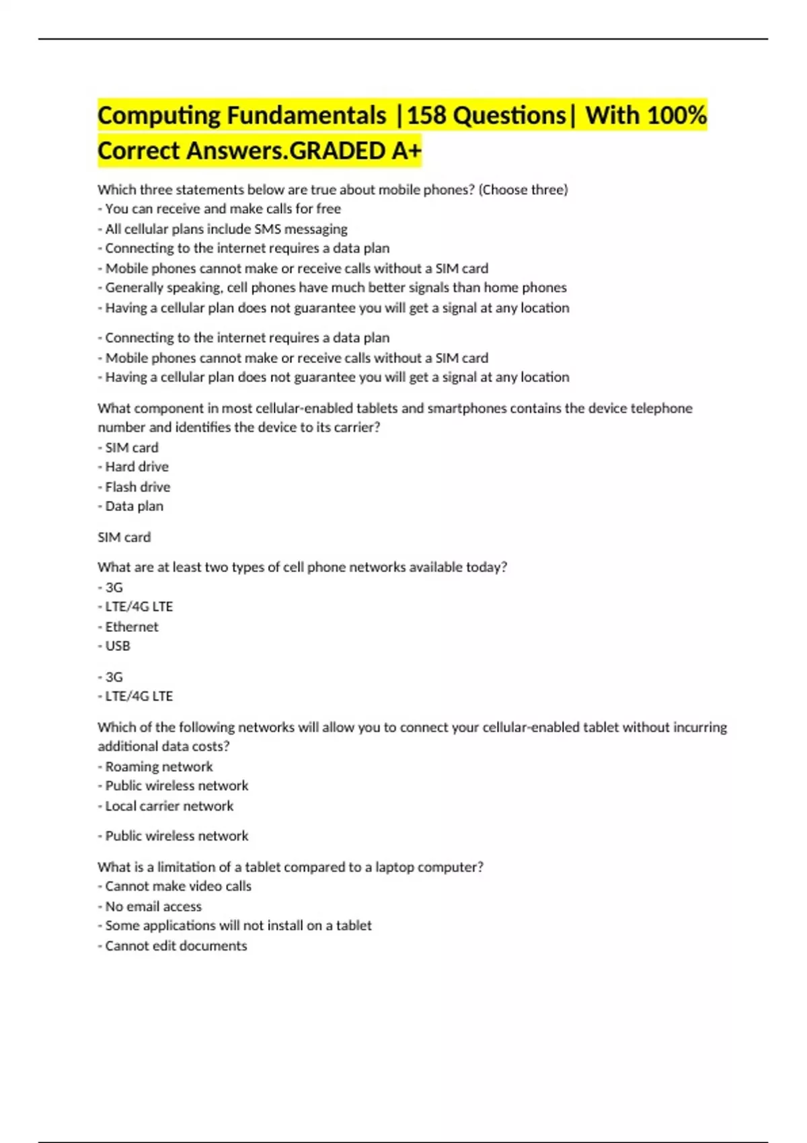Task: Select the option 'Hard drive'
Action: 137,467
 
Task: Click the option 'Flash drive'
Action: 137,486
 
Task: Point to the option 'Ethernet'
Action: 132,627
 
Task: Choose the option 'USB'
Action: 118,646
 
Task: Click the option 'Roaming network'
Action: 159,766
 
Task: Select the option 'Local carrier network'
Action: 169,805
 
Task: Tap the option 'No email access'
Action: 153,906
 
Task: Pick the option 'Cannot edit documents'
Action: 176,945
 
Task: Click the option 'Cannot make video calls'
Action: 178,886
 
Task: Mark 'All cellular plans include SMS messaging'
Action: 226,229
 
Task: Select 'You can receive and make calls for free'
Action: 223,208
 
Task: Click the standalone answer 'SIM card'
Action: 124,537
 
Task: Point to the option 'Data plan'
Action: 134,506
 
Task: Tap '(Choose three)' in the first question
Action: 523,190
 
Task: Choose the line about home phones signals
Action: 336,288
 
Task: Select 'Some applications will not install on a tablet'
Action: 238,926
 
